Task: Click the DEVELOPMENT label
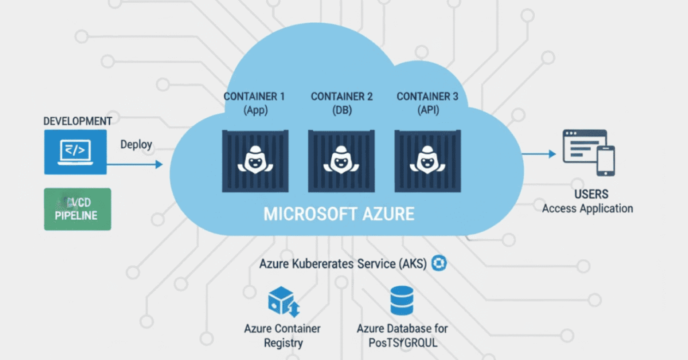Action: [77, 121]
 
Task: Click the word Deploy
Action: [136, 144]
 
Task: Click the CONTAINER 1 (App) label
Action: [255, 103]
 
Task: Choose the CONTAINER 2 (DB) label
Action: [341, 103]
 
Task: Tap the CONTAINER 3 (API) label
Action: [427, 103]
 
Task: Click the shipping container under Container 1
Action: [255, 161]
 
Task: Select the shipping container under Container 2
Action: [341, 161]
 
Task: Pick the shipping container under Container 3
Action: [427, 161]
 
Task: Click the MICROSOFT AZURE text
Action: [339, 215]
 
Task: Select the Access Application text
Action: [587, 208]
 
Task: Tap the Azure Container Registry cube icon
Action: [282, 301]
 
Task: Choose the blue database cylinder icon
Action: [402, 301]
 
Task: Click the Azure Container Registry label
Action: [282, 336]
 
